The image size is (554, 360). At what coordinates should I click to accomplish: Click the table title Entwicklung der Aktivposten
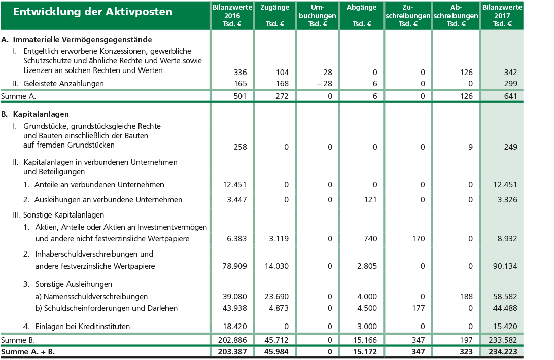92,12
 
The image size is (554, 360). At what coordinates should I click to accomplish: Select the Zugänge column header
274,8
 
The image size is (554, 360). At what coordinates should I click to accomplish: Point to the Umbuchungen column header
318,16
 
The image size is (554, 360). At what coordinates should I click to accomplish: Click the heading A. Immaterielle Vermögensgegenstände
77,39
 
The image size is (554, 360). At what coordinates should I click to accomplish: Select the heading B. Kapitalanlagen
35,114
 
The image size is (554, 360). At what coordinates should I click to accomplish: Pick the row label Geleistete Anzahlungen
63,83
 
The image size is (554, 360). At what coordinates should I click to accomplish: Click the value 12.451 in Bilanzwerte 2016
235,185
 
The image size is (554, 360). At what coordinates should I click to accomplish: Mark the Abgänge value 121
370,200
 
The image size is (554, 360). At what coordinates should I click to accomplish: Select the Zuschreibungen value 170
418,239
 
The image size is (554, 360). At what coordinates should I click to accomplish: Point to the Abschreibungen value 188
466,297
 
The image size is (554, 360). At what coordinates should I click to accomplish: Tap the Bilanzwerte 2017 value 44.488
505,308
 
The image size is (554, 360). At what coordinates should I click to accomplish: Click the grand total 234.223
502,351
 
